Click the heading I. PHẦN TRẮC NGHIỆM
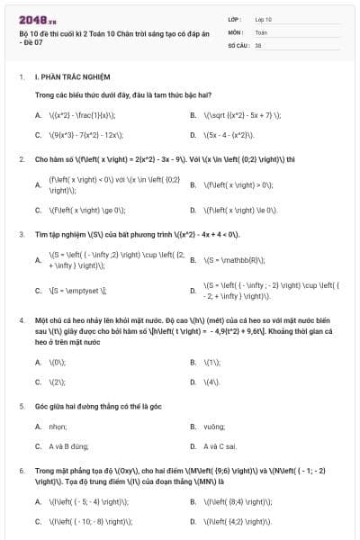coord(71,78)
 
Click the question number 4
coord(21,319)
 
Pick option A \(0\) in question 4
coord(58,362)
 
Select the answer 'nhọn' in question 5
coord(58,426)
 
